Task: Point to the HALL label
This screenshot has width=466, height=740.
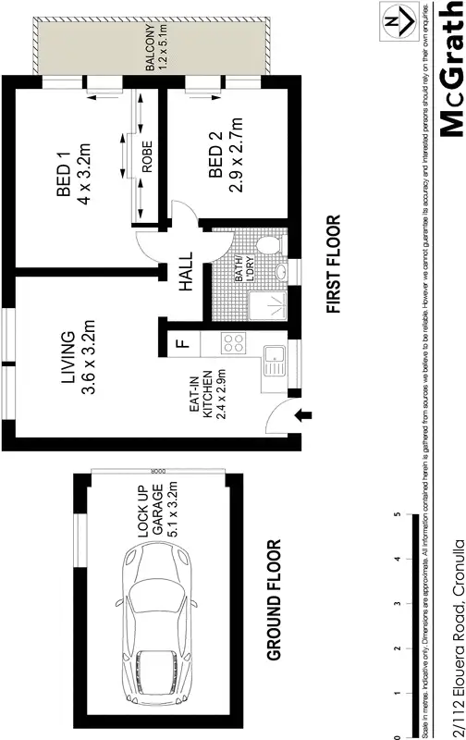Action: point(186,274)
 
